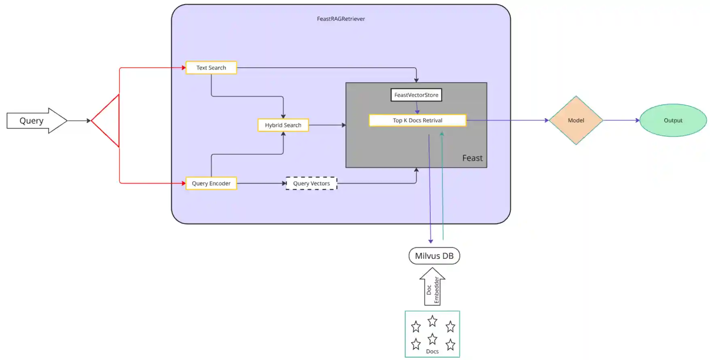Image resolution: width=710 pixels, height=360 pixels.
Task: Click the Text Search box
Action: click(211, 68)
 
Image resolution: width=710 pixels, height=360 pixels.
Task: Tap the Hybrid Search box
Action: click(283, 125)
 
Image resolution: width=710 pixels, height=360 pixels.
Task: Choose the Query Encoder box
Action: click(211, 183)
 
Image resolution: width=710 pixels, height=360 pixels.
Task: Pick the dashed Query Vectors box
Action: click(312, 183)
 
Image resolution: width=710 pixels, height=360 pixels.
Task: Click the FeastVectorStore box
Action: click(416, 95)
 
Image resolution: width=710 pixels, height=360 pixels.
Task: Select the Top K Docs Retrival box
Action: click(418, 121)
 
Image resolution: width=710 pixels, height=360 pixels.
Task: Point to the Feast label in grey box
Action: click(472, 158)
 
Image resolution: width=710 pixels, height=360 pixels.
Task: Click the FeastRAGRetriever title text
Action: click(341, 19)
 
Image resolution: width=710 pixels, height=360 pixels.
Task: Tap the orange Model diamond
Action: click(576, 120)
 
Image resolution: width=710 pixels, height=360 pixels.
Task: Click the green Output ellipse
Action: click(673, 120)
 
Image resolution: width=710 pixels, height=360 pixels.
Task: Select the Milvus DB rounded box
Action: click(434, 256)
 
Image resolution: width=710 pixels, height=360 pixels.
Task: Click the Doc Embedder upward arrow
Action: click(432, 288)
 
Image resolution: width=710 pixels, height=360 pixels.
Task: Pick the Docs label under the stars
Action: click(432, 352)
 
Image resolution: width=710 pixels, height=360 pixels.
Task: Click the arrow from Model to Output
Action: click(621, 120)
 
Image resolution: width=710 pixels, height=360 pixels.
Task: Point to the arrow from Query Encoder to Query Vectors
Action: click(261, 183)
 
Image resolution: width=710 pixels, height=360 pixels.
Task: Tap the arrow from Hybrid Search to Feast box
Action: click(327, 125)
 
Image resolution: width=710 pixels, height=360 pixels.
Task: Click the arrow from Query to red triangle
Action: click(79, 121)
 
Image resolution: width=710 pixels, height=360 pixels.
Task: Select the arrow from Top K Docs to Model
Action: click(507, 120)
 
